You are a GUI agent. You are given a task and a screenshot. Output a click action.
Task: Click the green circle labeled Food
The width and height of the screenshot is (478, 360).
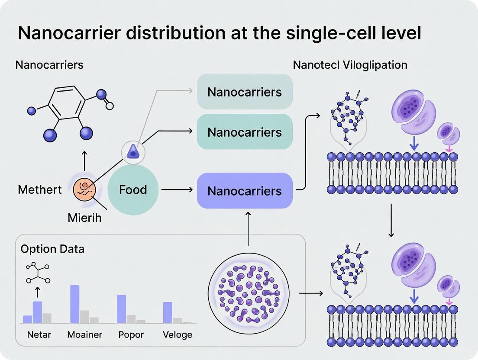[x=133, y=190]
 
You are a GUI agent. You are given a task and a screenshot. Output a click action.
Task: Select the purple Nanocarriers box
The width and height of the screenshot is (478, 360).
[x=245, y=191]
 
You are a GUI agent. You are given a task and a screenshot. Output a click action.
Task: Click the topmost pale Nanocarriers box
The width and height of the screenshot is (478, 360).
[x=245, y=92]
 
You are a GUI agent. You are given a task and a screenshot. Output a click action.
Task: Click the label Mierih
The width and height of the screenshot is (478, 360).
[x=84, y=218]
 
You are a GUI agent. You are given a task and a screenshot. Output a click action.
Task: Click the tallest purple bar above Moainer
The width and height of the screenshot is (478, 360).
[x=75, y=304]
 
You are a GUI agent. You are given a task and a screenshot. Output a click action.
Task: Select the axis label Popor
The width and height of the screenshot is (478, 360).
[x=131, y=335]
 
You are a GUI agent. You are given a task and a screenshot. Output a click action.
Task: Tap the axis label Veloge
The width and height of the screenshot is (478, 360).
[x=178, y=335]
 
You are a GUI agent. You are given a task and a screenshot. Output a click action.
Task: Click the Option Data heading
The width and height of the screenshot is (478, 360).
[x=52, y=249]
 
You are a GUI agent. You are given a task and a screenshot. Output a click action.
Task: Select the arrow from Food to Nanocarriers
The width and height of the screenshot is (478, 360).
[x=177, y=190]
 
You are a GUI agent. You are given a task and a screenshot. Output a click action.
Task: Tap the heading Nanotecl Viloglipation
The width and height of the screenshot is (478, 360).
[x=350, y=65]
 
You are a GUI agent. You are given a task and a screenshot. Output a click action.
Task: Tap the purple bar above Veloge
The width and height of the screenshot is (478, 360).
[x=168, y=312]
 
